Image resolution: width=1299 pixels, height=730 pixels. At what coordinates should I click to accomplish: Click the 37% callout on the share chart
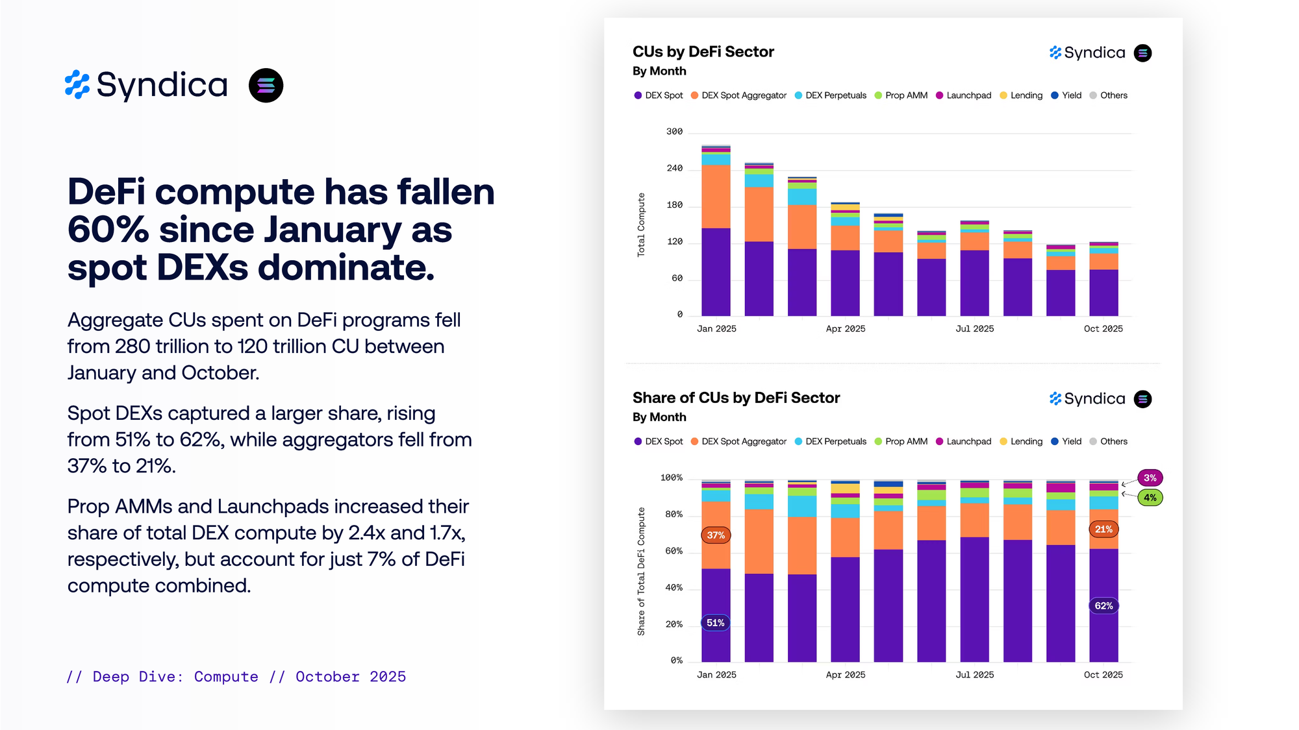[x=716, y=535]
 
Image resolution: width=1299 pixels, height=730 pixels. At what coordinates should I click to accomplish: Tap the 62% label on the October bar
[x=1104, y=606]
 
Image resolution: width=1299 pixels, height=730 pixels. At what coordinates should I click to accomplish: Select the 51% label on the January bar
[x=715, y=623]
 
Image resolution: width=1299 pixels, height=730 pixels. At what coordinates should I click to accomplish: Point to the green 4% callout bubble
[x=1150, y=498]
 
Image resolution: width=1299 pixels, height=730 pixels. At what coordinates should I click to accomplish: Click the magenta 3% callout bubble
[x=1150, y=478]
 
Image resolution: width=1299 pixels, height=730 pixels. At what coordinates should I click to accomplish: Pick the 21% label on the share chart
[x=1104, y=529]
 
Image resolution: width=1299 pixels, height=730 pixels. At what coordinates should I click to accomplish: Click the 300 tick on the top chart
[x=674, y=132]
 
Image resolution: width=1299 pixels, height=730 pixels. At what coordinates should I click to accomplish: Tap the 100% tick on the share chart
[x=671, y=478]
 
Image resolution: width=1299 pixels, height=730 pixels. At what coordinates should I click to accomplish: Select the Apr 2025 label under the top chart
[x=845, y=329]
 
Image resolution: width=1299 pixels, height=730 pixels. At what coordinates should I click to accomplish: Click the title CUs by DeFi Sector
[x=703, y=52]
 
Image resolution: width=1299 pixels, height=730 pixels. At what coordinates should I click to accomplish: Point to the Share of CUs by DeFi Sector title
[x=736, y=398]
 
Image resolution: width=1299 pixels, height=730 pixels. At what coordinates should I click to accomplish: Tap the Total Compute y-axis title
[x=641, y=225]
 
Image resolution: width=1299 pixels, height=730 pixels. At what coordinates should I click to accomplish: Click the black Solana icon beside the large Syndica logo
[x=266, y=86]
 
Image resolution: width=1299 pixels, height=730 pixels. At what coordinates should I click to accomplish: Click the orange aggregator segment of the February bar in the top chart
[x=759, y=214]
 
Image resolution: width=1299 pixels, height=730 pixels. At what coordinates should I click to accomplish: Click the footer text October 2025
[x=350, y=677]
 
